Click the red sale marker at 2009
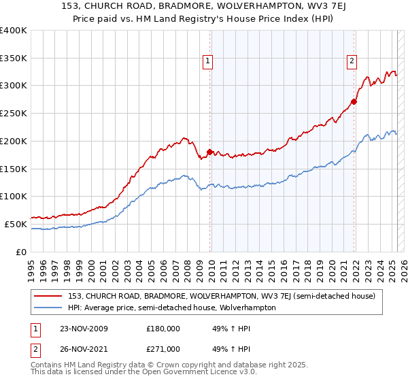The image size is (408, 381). coord(209,152)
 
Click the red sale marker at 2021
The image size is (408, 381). coord(354,102)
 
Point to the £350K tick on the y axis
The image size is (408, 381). coord(14,59)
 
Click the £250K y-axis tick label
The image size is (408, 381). coord(14,114)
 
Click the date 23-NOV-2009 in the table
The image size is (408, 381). coord(84,329)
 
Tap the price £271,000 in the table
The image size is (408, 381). coord(163,349)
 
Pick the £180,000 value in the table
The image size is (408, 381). coord(163,329)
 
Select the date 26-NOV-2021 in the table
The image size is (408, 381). coord(84,349)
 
